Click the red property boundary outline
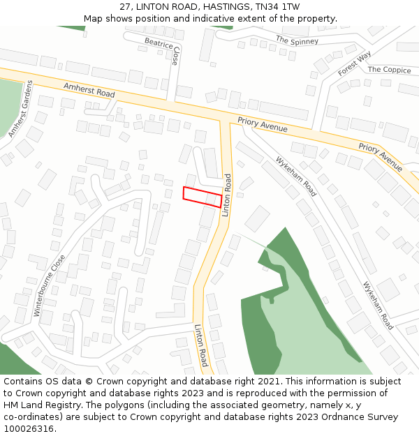click(x=203, y=197)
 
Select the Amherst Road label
click(x=89, y=90)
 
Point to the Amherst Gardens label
click(x=20, y=109)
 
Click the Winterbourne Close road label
click(x=50, y=285)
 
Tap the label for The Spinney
click(x=297, y=40)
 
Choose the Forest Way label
click(x=355, y=63)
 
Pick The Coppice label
click(x=389, y=70)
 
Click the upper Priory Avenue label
click(x=263, y=124)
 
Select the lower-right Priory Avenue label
click(x=381, y=157)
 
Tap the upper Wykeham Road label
click(x=296, y=176)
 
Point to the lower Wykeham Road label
click(x=378, y=306)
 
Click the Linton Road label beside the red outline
click(x=227, y=195)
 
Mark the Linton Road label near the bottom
click(x=201, y=345)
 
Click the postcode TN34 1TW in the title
click(x=278, y=6)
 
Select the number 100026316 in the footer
click(x=29, y=429)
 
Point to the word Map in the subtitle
click(x=93, y=18)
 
